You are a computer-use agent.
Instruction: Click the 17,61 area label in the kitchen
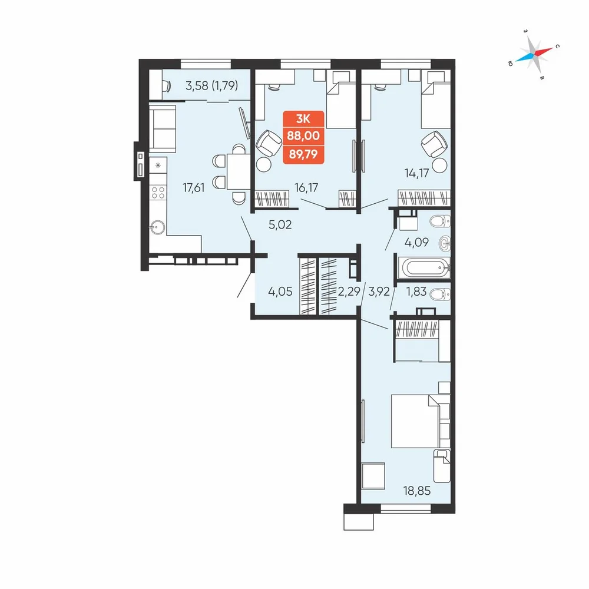193,187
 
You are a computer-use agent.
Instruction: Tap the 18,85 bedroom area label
417,491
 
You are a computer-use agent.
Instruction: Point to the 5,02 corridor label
280,224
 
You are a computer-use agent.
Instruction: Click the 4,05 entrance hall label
280,291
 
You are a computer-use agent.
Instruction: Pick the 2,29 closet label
349,291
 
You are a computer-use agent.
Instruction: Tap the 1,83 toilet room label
416,291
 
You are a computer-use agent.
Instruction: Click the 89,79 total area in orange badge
303,154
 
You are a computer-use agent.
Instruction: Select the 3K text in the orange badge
303,119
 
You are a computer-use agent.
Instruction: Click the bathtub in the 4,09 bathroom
426,268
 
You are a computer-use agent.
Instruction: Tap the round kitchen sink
158,227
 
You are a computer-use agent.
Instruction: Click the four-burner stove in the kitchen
158,193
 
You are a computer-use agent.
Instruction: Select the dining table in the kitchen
239,171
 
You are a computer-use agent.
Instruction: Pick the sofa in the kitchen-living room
163,128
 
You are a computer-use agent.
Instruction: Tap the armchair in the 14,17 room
434,144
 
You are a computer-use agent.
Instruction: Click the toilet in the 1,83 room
440,294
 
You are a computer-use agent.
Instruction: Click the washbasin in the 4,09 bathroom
444,243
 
